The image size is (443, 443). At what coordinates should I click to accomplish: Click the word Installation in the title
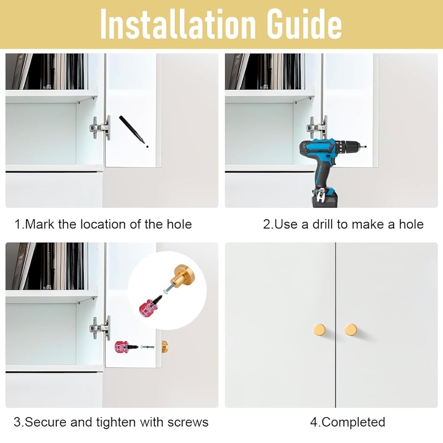[x=178, y=24]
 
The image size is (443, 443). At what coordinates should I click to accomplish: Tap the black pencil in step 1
[x=132, y=128]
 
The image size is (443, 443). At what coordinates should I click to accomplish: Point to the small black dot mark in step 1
[x=147, y=146]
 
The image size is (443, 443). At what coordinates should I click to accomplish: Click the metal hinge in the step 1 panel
[x=100, y=128]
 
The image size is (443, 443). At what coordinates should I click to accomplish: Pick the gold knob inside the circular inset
[x=183, y=276]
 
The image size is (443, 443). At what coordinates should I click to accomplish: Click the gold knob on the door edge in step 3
[x=165, y=347]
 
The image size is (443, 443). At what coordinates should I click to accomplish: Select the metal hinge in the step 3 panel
[x=100, y=328]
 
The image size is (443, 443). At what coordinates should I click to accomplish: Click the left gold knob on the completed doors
[x=320, y=329]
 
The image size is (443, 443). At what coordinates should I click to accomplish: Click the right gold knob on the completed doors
[x=351, y=329]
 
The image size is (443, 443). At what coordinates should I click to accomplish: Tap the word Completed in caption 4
[x=353, y=422]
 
